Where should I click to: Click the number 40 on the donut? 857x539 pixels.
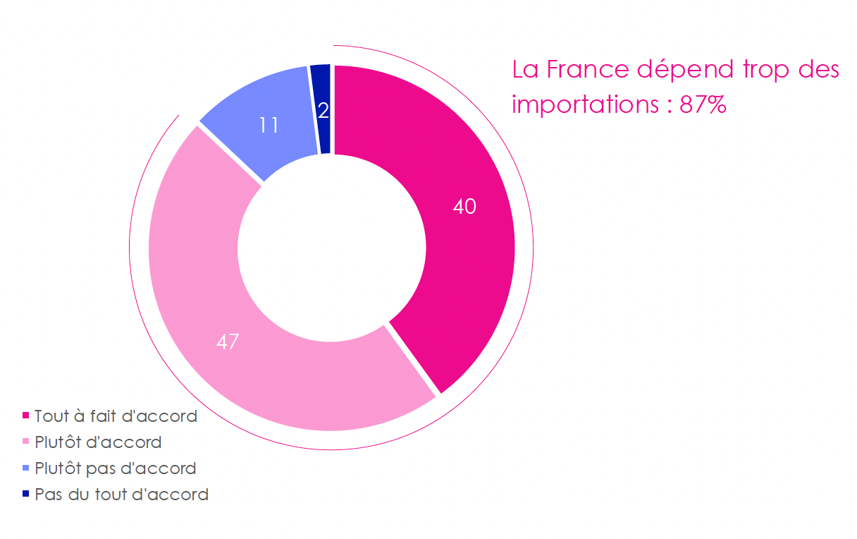click(x=464, y=207)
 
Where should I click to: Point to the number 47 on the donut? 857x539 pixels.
click(x=228, y=342)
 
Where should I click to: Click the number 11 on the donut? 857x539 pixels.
click(x=268, y=126)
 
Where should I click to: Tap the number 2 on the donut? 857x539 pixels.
click(x=323, y=111)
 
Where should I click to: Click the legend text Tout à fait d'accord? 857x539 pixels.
click(x=116, y=416)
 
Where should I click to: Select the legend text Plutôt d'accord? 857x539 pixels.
click(x=98, y=442)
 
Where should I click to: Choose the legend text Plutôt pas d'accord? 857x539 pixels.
click(x=115, y=468)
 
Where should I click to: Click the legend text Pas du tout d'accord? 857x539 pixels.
click(x=121, y=494)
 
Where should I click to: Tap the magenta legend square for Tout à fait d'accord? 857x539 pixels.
click(x=26, y=416)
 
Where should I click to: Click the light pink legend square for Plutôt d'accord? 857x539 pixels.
click(x=26, y=442)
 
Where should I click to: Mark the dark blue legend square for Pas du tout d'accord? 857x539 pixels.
click(x=26, y=494)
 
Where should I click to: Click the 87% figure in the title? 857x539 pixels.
click(x=703, y=105)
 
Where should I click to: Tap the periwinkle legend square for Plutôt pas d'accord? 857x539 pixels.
click(x=26, y=468)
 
